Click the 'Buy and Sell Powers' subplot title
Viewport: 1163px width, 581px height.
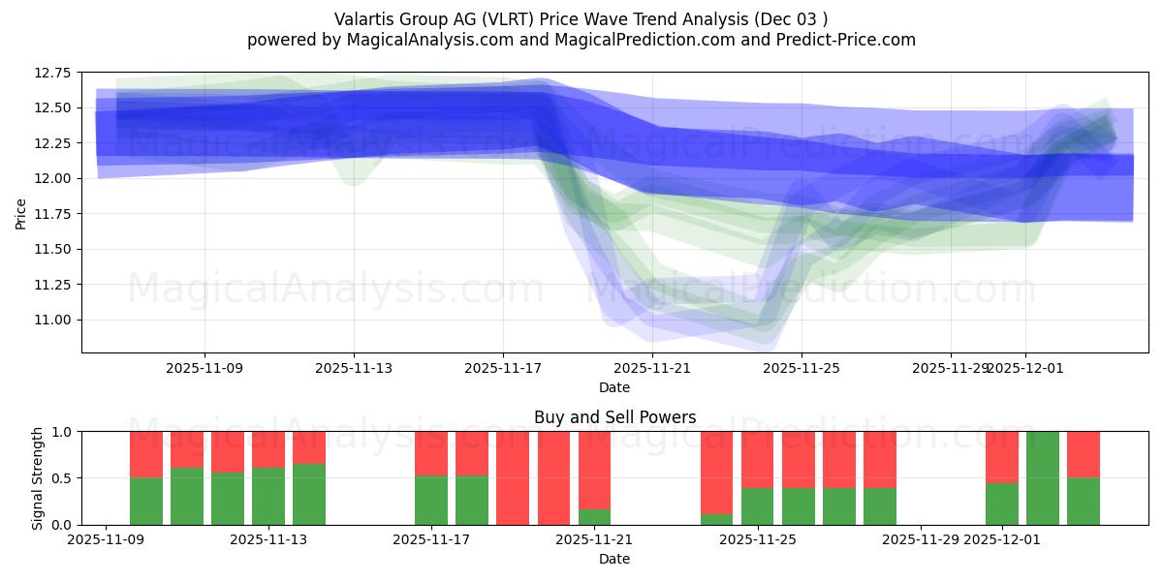coord(614,417)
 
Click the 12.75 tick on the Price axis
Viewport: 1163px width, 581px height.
coord(55,73)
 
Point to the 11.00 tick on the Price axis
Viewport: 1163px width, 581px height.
coord(55,321)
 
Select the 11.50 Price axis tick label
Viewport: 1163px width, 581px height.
coord(55,250)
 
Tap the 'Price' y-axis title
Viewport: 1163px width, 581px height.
coord(21,212)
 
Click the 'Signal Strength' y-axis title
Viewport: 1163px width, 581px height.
coord(38,478)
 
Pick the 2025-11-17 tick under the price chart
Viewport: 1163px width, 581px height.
coord(503,368)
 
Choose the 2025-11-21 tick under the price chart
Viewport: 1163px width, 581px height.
coord(652,368)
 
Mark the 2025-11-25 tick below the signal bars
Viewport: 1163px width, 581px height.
coord(758,540)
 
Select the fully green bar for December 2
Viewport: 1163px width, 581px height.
coord(1043,478)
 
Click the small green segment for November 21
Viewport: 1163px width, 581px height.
coord(595,517)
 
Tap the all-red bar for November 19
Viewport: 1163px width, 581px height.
coord(514,478)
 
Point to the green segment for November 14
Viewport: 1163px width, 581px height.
coord(309,495)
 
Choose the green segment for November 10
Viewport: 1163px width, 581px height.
coord(187,497)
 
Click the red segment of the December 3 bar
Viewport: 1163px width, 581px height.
coord(1084,454)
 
